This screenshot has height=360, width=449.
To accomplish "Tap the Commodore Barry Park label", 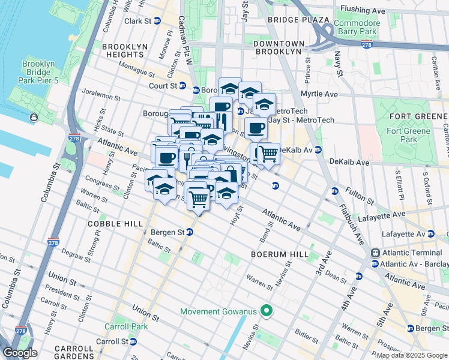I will coord(357,27).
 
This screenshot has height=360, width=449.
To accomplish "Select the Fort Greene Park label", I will coord(409,135).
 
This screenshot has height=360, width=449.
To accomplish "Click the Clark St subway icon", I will coord(157,21).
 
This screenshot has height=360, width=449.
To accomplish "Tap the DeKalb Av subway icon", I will coord(318,150).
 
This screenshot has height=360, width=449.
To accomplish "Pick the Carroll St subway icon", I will coord(133,341).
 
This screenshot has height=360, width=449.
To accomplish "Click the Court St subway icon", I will coord(196,90).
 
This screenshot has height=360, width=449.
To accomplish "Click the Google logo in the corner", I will coord(20,352).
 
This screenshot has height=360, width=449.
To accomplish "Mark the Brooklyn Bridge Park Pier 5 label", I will coord(39,73).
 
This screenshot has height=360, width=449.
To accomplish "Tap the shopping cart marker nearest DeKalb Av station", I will coord(268,154).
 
